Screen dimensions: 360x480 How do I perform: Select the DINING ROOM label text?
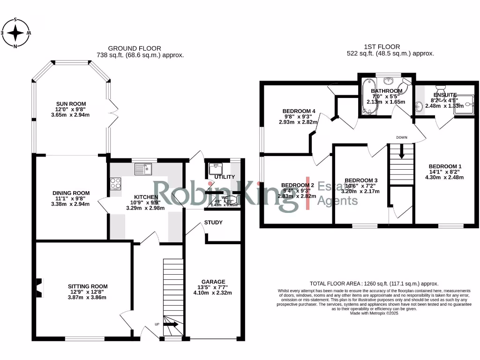pos(71,193)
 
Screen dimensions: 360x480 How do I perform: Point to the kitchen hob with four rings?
pos(115,183)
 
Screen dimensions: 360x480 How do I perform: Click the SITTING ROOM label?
pos(88,286)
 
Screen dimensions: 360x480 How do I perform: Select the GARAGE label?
pos(213,282)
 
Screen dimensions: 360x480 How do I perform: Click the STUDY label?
pos(213,222)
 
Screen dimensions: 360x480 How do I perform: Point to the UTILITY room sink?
pos(217,167)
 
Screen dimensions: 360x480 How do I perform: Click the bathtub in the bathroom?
pos(366,97)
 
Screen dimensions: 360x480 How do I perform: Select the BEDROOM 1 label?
pos(445,166)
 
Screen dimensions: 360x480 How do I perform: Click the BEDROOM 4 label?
pos(299,111)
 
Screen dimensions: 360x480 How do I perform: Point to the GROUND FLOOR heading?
pos(135,48)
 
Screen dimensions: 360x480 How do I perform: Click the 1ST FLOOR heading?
pos(382,46)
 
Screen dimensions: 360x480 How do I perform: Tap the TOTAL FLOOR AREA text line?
pos(374,284)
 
